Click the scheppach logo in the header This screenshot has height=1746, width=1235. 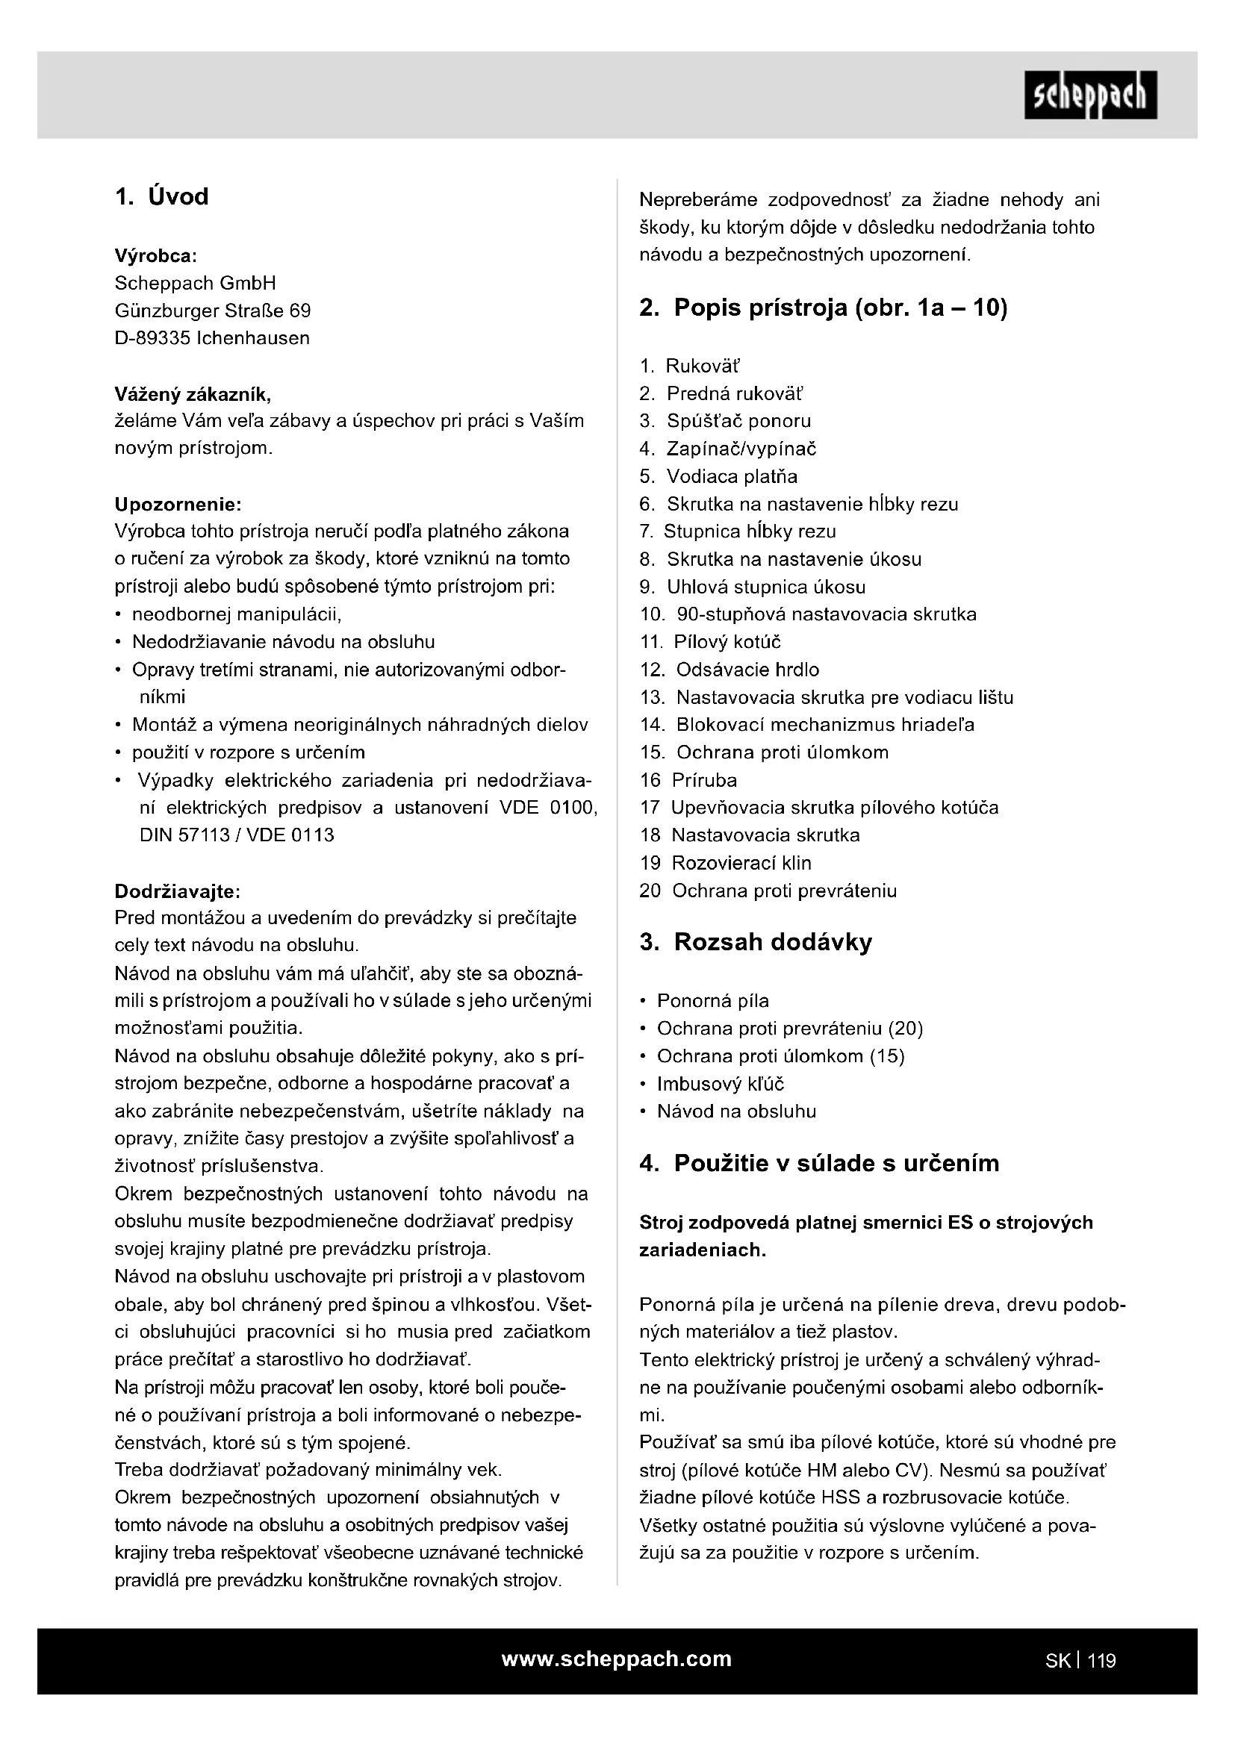1089,95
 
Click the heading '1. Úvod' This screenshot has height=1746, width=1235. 161,197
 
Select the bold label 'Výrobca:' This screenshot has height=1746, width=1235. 156,255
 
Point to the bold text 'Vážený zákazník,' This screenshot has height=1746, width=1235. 193,394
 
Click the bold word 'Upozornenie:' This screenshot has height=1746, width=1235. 178,504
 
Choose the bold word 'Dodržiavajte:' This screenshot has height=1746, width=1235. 177,891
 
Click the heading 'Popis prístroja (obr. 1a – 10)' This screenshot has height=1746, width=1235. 824,308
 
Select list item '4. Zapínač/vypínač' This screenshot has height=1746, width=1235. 728,449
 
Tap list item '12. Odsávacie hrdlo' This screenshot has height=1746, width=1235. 730,670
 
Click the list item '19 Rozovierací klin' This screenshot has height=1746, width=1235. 726,863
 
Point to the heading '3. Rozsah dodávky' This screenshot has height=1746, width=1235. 756,942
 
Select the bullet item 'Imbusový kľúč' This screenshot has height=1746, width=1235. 720,1084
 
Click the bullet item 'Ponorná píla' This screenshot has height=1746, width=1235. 712,1001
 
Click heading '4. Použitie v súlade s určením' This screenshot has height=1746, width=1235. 819,1164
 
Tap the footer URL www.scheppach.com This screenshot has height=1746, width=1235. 616,1659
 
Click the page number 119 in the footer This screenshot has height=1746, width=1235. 1101,1661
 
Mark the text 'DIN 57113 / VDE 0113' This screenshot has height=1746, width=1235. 237,835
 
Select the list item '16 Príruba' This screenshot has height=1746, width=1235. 688,780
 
